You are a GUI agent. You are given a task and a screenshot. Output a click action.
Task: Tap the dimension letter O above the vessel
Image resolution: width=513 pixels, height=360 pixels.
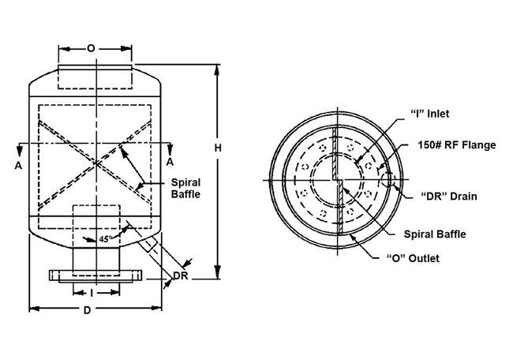(x=91, y=48)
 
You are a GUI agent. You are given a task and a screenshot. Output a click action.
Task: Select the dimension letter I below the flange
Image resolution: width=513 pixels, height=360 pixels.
(x=93, y=292)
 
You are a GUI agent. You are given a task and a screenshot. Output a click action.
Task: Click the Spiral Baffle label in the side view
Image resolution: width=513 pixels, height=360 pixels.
(x=188, y=187)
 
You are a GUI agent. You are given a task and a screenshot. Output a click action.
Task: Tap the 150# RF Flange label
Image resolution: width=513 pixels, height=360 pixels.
(x=457, y=144)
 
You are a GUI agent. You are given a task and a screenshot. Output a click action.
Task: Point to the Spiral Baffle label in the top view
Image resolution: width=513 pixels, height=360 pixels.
(x=434, y=234)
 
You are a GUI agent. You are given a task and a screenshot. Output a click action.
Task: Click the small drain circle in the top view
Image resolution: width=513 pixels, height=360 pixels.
(x=388, y=179)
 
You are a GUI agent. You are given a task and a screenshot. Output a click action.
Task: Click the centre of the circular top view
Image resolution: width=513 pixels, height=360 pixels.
(x=338, y=182)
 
